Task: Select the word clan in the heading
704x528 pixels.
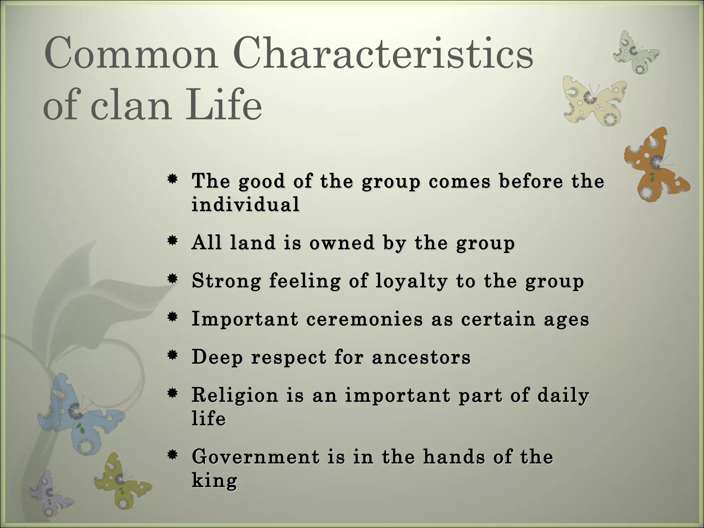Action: pos(130,104)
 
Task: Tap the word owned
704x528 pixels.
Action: pos(341,243)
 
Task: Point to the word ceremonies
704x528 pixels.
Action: pos(364,319)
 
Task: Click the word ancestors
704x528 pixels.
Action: pos(421,357)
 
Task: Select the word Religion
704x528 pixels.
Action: pos(235,395)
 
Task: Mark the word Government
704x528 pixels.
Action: pos(256,457)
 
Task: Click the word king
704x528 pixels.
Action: pos(214,480)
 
